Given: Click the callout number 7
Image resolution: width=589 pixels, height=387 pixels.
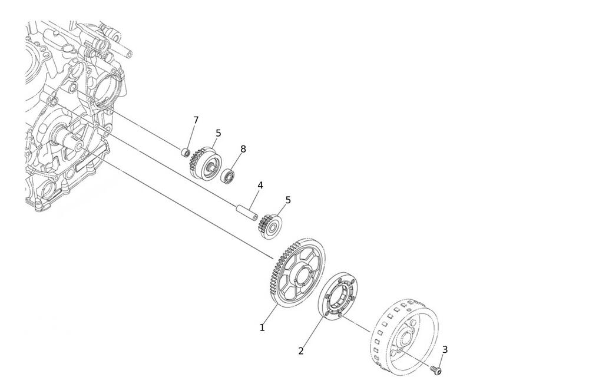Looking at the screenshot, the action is (196, 120).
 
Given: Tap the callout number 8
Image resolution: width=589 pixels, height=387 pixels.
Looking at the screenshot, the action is (243, 149).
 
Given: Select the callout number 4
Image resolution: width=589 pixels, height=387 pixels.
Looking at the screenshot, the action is (260, 185).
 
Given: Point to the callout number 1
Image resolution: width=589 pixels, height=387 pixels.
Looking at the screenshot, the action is (262, 328).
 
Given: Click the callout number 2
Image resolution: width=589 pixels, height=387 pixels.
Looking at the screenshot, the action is (300, 351).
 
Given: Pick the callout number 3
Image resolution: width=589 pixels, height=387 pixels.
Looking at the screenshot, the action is (445, 350).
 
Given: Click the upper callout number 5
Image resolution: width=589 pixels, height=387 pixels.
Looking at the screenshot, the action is (219, 133).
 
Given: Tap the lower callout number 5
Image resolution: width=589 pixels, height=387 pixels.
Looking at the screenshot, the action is (288, 200).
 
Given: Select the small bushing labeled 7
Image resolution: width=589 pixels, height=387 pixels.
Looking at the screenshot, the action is (185, 153).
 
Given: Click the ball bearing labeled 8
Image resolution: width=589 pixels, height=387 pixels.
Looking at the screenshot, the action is (227, 176).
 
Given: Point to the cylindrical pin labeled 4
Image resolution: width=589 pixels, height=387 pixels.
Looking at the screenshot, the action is (247, 212).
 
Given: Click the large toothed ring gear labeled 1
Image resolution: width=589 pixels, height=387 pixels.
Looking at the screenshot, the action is (297, 272).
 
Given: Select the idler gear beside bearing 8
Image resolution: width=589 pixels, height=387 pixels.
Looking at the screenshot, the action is (205, 163).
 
